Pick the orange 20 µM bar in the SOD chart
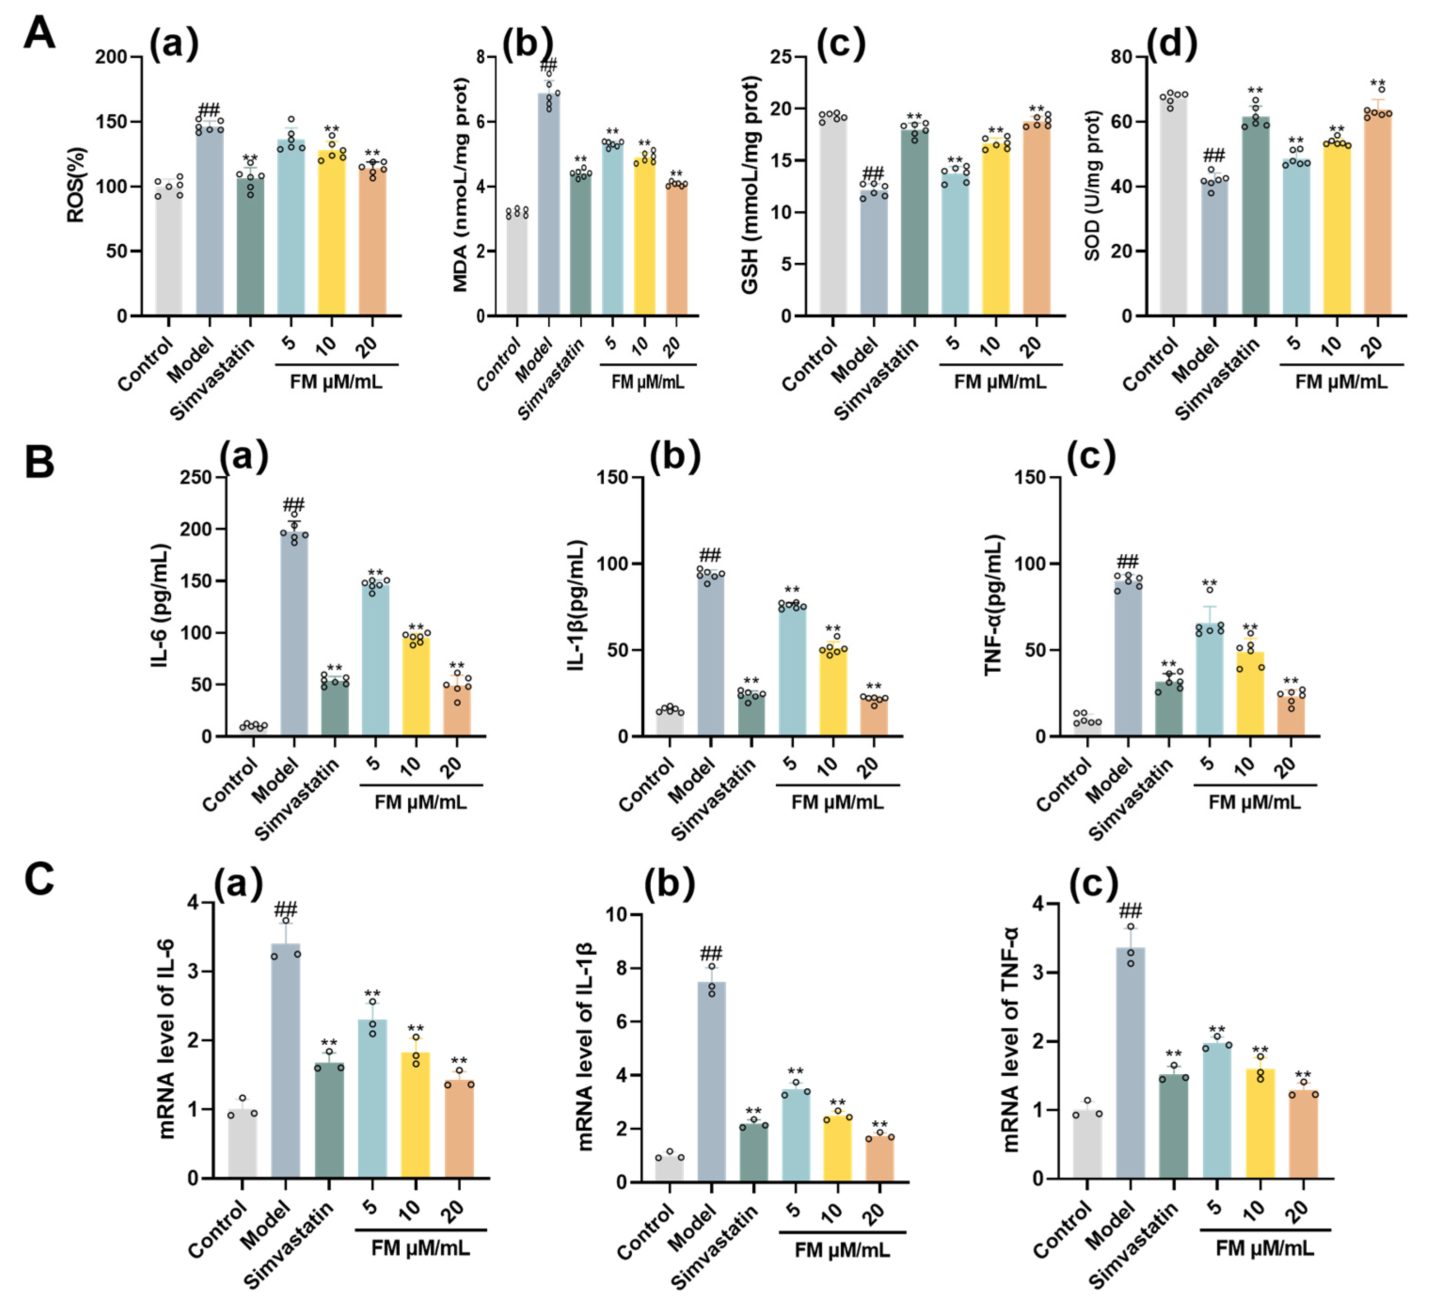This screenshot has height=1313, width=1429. pos(1377,213)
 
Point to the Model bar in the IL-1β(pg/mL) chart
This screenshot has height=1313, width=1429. pos(711,653)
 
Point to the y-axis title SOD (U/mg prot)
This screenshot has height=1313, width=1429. pos(1092,185)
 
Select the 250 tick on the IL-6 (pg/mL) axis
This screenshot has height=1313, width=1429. pos(196,478)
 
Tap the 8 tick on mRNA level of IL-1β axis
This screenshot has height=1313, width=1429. pos(618,968)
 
